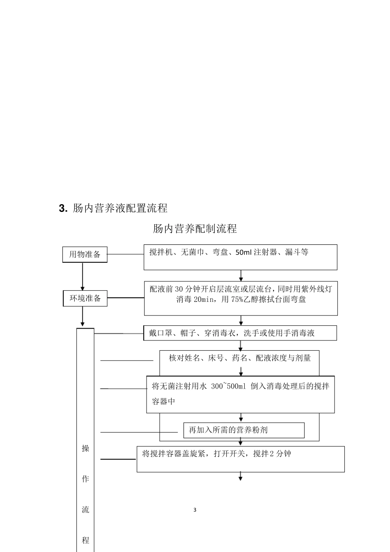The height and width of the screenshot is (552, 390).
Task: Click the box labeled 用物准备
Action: click(x=85, y=254)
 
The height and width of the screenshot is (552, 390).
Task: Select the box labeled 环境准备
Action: click(x=85, y=298)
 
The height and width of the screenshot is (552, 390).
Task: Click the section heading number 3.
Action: click(x=63, y=208)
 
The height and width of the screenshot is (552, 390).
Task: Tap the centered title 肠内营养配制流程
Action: click(x=195, y=229)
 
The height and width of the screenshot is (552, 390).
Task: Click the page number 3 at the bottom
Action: click(x=195, y=510)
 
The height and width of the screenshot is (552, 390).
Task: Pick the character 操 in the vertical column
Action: click(x=85, y=448)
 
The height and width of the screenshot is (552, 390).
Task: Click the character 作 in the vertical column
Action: click(x=85, y=479)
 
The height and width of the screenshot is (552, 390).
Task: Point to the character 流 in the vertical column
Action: click(x=85, y=510)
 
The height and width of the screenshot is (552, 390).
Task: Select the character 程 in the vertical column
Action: click(x=85, y=540)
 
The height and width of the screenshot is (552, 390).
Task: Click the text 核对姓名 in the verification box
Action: click(x=184, y=358)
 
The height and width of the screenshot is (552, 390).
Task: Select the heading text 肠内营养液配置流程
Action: click(x=120, y=208)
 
